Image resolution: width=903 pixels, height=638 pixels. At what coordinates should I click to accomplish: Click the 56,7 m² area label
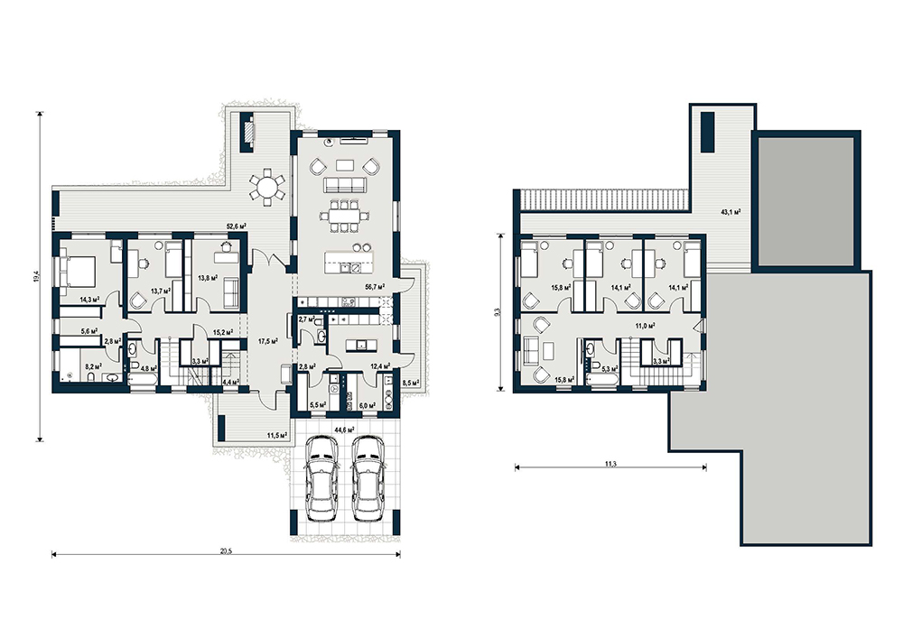(375, 285)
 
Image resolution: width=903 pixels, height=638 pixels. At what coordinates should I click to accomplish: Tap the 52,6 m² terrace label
(236, 227)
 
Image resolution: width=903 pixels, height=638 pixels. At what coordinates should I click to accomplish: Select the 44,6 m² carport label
(344, 430)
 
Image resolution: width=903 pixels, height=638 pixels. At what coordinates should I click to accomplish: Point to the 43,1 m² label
(731, 212)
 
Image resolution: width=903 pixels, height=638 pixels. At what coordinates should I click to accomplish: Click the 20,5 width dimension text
(227, 550)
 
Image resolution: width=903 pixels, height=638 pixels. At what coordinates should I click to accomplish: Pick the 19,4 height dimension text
(36, 276)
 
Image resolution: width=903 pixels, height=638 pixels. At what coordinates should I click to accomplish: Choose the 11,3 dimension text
(611, 464)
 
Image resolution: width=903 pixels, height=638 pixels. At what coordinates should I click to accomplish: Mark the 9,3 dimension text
(497, 312)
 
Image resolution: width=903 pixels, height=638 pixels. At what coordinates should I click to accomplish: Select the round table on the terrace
(266, 187)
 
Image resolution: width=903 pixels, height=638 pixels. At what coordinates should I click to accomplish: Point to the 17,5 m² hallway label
(268, 341)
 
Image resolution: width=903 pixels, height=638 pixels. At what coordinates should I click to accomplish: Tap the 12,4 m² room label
(380, 365)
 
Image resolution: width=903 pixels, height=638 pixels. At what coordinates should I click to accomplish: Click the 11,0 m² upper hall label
(645, 326)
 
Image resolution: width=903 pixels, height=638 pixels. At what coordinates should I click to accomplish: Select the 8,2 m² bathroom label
(93, 365)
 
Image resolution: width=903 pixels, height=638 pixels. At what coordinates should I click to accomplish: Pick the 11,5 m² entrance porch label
(277, 436)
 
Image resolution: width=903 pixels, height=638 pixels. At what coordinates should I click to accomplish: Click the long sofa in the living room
(345, 185)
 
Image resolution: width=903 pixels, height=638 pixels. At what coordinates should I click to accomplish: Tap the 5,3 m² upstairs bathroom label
(610, 369)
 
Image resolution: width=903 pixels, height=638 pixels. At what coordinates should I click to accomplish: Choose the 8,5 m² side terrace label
(411, 383)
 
